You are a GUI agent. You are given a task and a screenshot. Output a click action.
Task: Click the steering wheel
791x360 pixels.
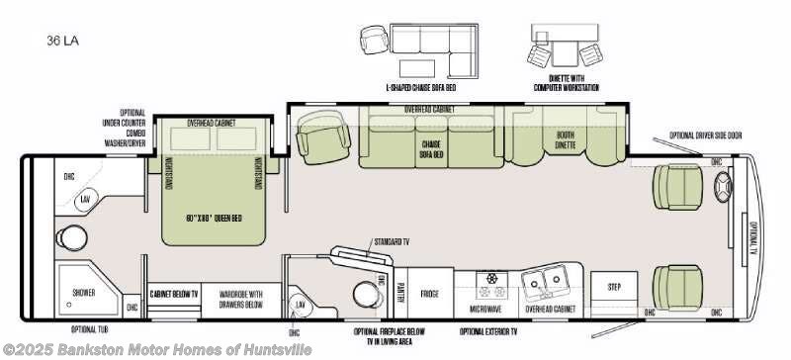(721, 184)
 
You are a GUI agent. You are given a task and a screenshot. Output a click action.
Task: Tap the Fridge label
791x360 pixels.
(430, 293)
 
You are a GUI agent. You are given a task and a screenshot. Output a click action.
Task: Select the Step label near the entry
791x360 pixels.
(613, 287)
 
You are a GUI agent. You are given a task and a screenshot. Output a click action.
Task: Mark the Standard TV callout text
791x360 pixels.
(394, 241)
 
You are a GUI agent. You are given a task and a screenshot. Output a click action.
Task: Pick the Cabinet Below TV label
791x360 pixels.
(173, 294)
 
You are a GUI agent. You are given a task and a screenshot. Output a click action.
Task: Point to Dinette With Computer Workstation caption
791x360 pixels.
(565, 83)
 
